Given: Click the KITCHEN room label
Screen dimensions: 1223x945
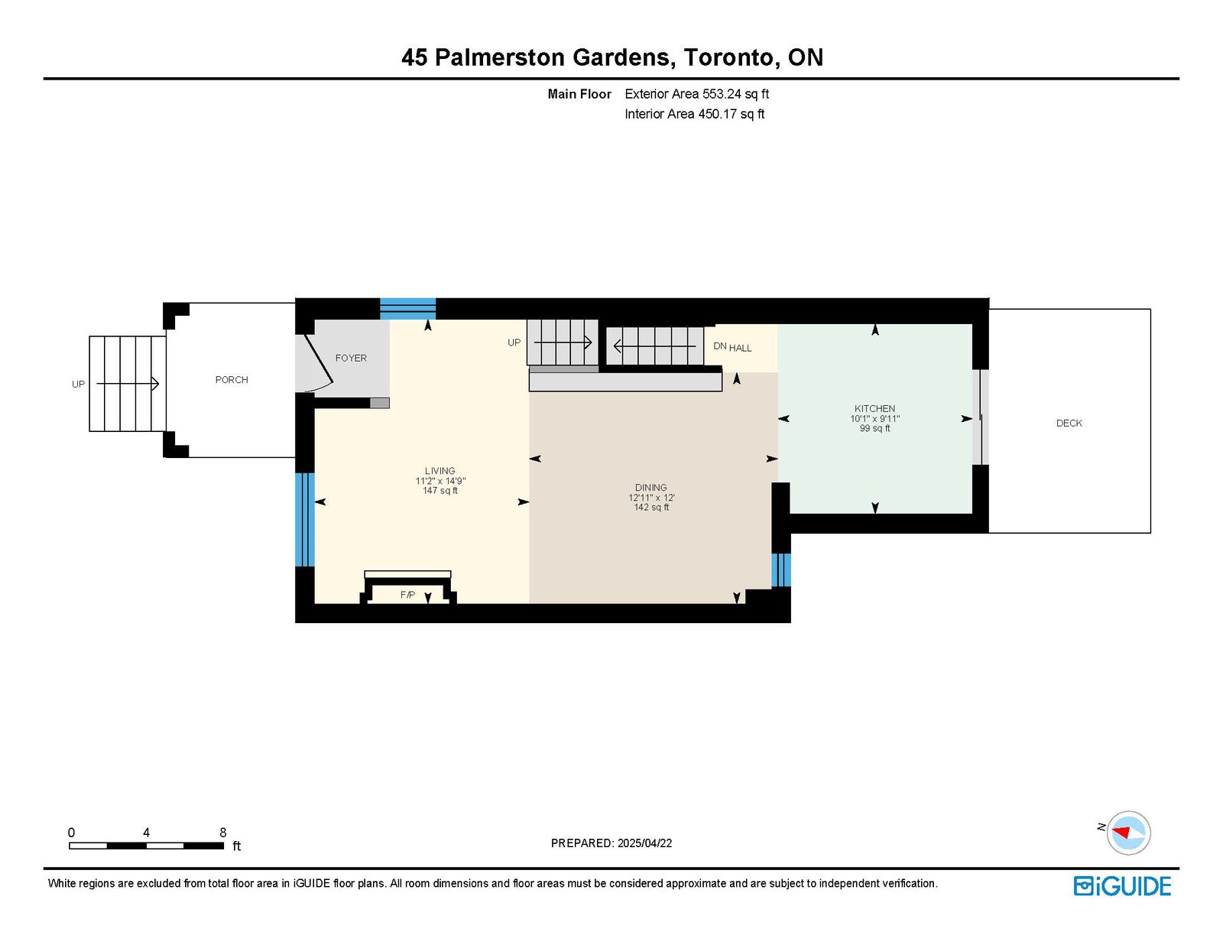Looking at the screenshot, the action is pyautogui.click(x=874, y=408).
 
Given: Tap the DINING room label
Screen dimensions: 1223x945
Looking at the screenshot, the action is pyautogui.click(x=651, y=488).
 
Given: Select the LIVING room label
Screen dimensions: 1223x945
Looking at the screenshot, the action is pyautogui.click(x=440, y=470).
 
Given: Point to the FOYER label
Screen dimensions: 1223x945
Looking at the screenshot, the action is pyautogui.click(x=351, y=358).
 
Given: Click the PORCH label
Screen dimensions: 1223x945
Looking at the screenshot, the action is pyautogui.click(x=232, y=380).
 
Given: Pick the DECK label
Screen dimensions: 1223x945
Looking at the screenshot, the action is pyautogui.click(x=1069, y=424).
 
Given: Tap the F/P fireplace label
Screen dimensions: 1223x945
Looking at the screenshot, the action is pyautogui.click(x=407, y=595).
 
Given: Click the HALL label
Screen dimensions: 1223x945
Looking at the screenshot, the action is pyautogui.click(x=740, y=349).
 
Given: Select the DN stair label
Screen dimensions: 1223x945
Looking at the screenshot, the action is pyautogui.click(x=720, y=346).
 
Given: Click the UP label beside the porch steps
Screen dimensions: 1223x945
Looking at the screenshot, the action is pyautogui.click(x=78, y=385).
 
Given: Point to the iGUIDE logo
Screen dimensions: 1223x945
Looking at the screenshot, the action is pyautogui.click(x=1122, y=886).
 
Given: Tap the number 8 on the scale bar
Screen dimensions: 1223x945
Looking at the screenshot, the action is pyautogui.click(x=223, y=833).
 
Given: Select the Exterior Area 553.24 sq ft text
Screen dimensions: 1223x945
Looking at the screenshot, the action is pyautogui.click(x=697, y=94).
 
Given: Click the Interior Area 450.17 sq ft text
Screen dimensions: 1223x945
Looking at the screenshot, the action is pyautogui.click(x=695, y=114).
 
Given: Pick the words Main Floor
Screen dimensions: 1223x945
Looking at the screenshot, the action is pyautogui.click(x=579, y=94).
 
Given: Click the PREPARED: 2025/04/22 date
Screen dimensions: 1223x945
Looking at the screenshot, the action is pyautogui.click(x=611, y=843).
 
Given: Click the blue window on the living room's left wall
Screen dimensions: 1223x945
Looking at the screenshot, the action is pyautogui.click(x=304, y=519).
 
